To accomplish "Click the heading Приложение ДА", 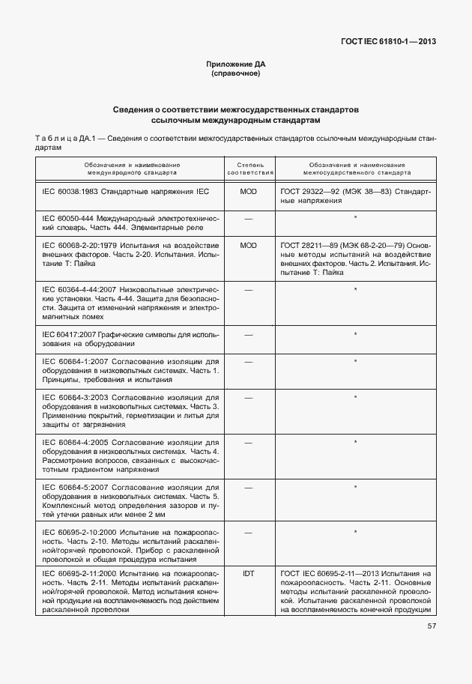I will click(x=235, y=65).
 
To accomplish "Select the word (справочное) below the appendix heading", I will click(x=235, y=74).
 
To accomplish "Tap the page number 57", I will click(x=432, y=626).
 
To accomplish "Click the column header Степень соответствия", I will click(x=248, y=168).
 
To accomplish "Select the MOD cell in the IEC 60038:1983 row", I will click(x=248, y=192).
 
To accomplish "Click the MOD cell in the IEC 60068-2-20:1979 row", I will click(x=248, y=245).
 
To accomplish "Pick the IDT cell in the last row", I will click(x=248, y=573).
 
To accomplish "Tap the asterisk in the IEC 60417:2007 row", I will click(x=355, y=334).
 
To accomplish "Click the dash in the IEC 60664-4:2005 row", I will click(x=248, y=442).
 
